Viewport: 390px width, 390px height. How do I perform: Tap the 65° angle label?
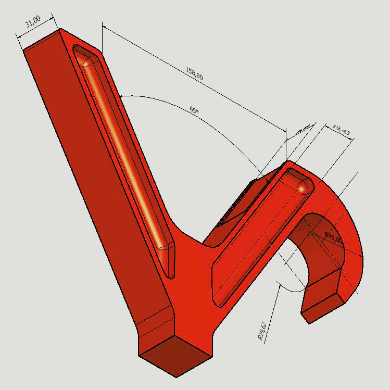(x=194, y=110)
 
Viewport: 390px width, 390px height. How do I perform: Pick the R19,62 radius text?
(x=263, y=331)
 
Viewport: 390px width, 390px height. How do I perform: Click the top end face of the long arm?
(x=42, y=40)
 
